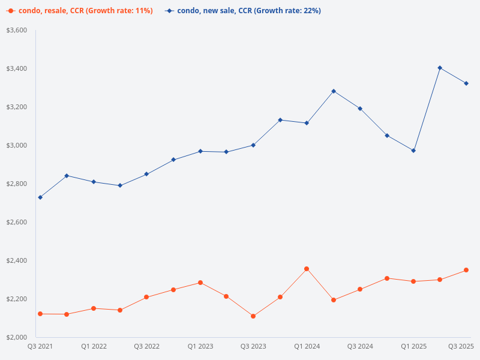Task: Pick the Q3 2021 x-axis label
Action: coord(40,346)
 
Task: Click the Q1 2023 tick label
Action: coord(200,346)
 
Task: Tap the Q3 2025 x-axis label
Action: coord(462,346)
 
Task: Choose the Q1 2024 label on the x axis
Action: coord(307,346)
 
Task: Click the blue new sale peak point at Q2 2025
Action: coord(440,68)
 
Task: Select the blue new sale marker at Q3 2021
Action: coord(40,197)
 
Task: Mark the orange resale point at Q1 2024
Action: coord(307,269)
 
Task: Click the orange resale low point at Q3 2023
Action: coord(253,316)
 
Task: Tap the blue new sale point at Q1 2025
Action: coord(413,151)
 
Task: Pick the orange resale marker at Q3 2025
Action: coord(466,270)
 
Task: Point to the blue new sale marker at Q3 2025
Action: coord(466,83)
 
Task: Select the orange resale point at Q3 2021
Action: coord(40,314)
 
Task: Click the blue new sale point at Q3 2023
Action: coord(253,145)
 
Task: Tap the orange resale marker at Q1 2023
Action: coord(200,283)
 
